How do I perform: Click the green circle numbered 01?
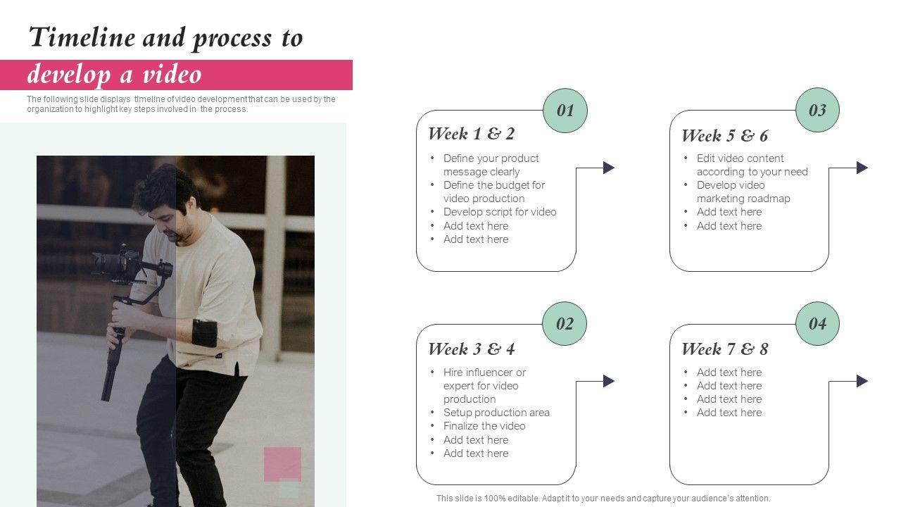click(x=565, y=111)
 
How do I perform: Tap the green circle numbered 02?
click(x=565, y=323)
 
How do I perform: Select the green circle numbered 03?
click(x=818, y=110)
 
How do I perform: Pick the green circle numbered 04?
click(x=818, y=323)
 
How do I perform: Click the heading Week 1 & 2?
click(x=472, y=134)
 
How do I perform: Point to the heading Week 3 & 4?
click(x=472, y=349)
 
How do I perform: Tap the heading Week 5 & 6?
click(x=725, y=136)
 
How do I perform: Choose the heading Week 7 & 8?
click(x=725, y=349)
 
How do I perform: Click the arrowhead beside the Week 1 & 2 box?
click(x=609, y=168)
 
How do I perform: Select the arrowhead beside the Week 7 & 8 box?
click(x=862, y=381)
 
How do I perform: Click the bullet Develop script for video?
click(x=500, y=212)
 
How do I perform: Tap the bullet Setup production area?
click(x=496, y=413)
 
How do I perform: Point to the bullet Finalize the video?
click(x=484, y=426)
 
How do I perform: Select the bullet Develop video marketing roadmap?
click(x=743, y=192)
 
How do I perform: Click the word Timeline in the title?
click(x=82, y=37)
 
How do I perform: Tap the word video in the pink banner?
click(x=172, y=75)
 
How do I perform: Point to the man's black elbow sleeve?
click(x=205, y=333)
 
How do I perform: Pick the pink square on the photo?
click(x=282, y=464)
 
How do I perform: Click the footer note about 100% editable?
click(x=603, y=498)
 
